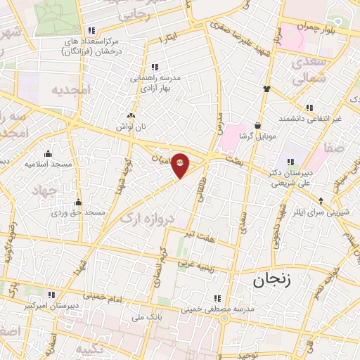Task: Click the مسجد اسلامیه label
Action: [x=48, y=164]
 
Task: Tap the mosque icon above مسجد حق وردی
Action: [x=78, y=202]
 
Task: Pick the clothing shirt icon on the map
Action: [x=267, y=89]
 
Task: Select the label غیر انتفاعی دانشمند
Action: [x=311, y=118]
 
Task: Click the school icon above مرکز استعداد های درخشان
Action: [x=92, y=30]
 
